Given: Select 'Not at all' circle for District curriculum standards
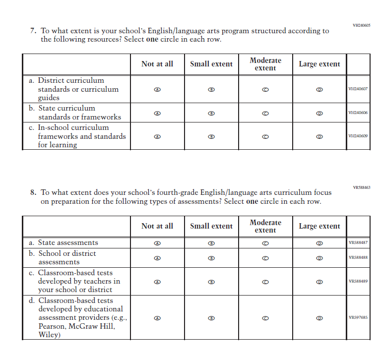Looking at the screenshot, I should tap(157, 89).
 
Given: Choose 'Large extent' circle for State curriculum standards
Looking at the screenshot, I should tap(319, 113).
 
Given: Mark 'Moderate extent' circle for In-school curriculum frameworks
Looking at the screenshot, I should tap(265, 136).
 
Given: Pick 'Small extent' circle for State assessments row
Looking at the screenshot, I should tap(211, 243).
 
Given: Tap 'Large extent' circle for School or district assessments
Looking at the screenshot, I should tap(319, 258).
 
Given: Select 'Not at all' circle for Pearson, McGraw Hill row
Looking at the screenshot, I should tap(157, 318).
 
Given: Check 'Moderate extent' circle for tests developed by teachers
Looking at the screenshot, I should tap(265, 282).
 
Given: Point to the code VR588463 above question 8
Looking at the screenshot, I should tap(361, 187).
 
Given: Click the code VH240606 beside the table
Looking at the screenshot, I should tap(358, 113).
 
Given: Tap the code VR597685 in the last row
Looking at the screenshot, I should tap(358, 318).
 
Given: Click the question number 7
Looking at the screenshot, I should tap(33, 31).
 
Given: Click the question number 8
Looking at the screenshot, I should tap(33, 193).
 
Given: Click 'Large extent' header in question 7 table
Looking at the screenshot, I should tap(319, 64).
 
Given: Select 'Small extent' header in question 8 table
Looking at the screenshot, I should tap(211, 226).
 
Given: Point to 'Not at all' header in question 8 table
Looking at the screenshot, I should tap(157, 226).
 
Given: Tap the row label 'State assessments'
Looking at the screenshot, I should tap(68, 243).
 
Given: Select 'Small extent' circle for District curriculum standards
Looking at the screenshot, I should tap(211, 89).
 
